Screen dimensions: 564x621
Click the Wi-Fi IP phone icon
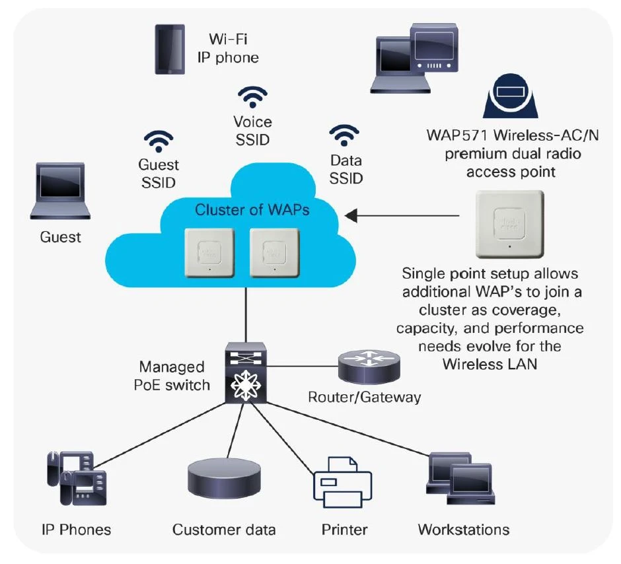[169, 49]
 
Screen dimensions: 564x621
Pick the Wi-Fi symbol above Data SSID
[342, 136]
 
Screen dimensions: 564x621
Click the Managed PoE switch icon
[244, 372]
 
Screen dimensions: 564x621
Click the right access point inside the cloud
[274, 255]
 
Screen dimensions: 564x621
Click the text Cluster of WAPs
[252, 211]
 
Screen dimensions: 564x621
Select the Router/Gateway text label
[364, 397]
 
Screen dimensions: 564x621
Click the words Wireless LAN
[490, 363]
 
